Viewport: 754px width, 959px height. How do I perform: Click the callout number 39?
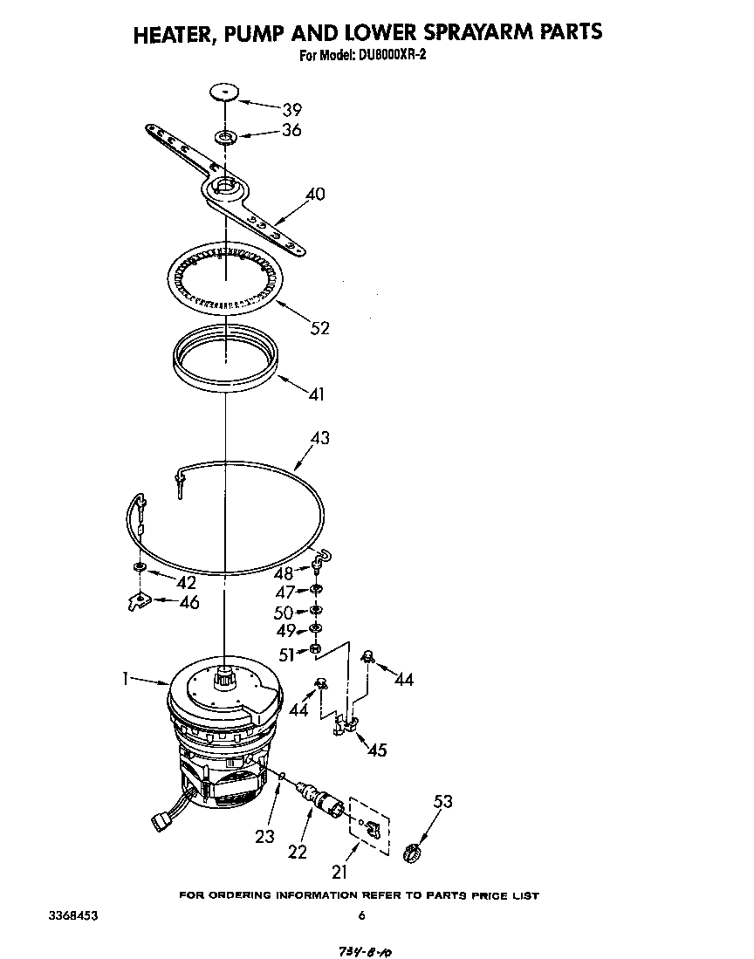click(291, 109)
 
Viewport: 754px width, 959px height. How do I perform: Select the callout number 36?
click(291, 130)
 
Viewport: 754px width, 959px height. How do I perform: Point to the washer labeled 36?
click(227, 137)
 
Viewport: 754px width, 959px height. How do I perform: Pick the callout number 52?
click(320, 327)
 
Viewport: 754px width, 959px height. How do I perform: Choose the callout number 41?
click(316, 394)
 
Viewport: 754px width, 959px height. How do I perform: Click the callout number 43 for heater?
click(320, 438)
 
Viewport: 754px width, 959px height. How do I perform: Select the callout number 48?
click(284, 573)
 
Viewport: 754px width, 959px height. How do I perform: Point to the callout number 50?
click(284, 612)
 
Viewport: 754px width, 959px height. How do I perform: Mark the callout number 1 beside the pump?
click(127, 677)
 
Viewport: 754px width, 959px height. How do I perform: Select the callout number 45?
click(377, 750)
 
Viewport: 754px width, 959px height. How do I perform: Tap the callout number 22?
click(298, 851)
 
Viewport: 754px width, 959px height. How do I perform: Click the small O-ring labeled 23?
click(282, 775)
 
